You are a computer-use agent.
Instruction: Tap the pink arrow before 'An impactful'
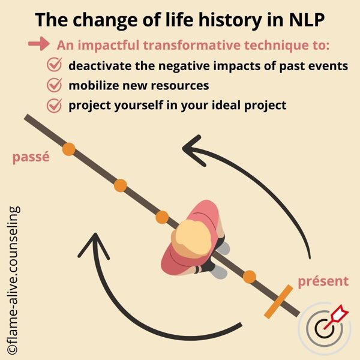39,43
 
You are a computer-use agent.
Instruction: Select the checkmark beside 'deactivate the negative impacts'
55,65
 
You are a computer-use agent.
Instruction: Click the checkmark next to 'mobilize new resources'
55,85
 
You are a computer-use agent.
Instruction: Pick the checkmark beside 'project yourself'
55,106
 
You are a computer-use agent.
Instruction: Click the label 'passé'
31,157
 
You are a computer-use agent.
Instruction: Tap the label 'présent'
323,281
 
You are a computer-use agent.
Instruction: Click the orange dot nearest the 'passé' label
69,149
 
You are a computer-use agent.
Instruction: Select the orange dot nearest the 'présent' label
250,277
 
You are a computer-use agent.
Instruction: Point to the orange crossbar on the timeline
278,302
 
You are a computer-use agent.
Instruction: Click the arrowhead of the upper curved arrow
192,150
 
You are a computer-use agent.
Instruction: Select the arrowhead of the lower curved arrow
94,246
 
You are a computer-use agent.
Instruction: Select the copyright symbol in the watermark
12,349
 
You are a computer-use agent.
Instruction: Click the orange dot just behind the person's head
163,217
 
